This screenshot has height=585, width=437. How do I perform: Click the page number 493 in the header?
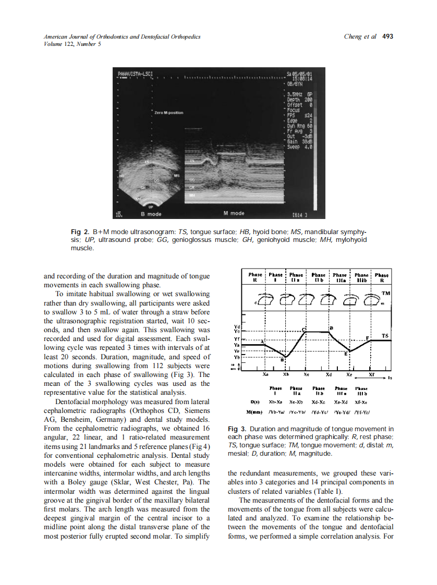pos(387,36)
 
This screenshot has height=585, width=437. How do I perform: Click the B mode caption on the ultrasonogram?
pos(150,214)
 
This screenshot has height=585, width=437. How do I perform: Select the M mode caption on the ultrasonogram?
pos(234,214)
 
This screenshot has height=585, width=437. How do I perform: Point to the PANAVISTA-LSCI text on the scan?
pos(136,74)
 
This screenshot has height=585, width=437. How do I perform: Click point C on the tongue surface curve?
pos(305,330)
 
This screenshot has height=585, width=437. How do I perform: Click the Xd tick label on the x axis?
pos(329,375)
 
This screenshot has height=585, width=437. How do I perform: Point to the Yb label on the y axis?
pos(236,357)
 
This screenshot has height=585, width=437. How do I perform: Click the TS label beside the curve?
pos(385,336)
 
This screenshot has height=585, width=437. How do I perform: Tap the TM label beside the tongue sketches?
pos(386,294)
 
